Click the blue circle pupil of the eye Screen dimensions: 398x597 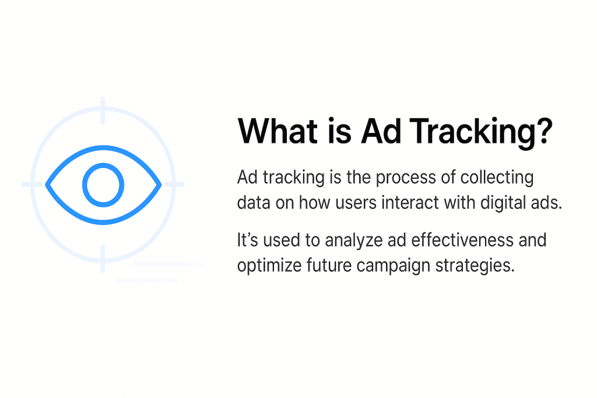point(103,185)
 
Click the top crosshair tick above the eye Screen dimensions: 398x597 point(103,110)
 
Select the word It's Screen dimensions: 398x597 point(248,239)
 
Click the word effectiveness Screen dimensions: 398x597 point(448,239)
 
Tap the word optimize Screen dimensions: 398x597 point(269,266)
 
